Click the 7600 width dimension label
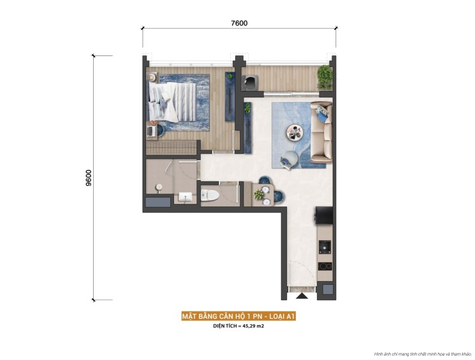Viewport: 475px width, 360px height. coord(239,23)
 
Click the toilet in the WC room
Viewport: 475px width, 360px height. coord(211,195)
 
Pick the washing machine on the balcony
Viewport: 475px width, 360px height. coord(251,82)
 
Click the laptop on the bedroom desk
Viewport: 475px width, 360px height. coord(152,131)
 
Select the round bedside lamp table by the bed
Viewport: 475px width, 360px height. coord(153,78)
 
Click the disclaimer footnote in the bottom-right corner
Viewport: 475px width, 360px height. coord(423,354)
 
